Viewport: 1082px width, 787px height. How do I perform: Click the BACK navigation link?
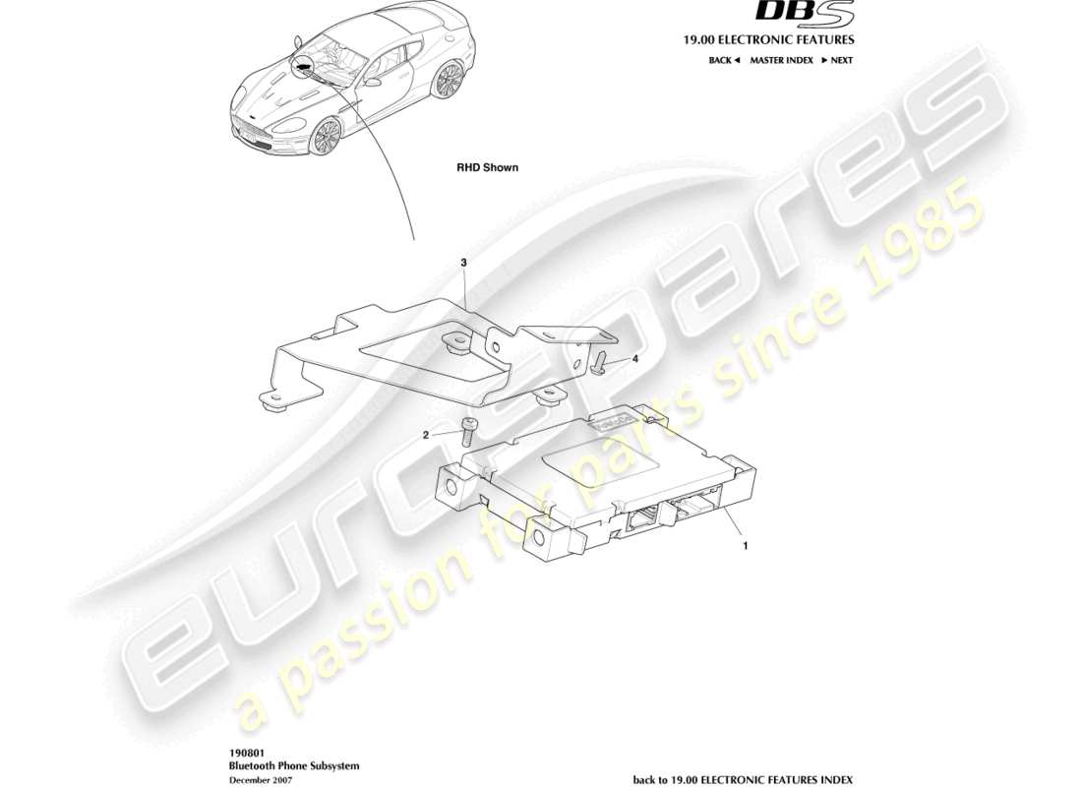tap(722, 60)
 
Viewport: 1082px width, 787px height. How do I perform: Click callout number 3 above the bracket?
tap(463, 263)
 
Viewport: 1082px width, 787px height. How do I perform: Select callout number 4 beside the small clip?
tap(634, 359)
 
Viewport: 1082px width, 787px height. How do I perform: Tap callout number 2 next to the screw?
tap(427, 434)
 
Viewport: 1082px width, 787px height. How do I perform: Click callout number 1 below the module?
tap(746, 542)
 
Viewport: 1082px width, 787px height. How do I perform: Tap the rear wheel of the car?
tap(450, 81)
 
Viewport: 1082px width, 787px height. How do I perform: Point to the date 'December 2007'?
tap(259, 778)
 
